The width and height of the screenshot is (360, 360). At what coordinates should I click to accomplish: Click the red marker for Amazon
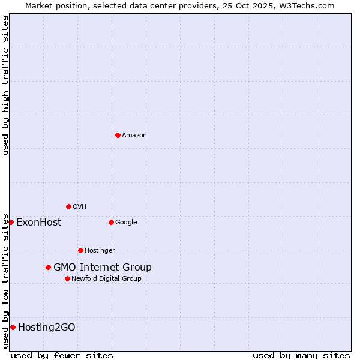118,135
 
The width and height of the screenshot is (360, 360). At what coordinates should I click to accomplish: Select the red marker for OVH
68,206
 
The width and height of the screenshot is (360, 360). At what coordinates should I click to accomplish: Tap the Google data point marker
111,222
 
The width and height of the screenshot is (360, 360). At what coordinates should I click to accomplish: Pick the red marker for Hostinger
80,250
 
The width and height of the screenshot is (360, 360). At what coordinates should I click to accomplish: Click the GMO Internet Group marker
48,267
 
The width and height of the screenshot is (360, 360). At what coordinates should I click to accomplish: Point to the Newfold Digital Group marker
67,278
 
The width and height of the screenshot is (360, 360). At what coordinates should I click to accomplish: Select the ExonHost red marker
11,222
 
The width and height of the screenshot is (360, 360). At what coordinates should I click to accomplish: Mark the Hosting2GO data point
13,327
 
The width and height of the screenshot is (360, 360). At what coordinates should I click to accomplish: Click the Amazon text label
134,136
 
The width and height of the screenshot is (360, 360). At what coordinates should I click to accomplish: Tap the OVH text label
80,207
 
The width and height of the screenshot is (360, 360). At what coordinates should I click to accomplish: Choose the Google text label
126,223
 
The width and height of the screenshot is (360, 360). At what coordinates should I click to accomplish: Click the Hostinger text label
100,251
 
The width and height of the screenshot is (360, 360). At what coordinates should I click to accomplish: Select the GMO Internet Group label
103,268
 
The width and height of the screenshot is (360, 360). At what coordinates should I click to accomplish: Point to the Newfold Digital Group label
106,278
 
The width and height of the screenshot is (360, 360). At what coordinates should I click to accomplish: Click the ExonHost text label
38,223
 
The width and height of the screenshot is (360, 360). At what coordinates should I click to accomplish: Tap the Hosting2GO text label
47,328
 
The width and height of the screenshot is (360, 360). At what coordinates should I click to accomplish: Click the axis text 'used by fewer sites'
62,355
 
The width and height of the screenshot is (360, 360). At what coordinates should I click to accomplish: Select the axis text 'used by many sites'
301,355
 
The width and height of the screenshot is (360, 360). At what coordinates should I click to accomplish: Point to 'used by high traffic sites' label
5,85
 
